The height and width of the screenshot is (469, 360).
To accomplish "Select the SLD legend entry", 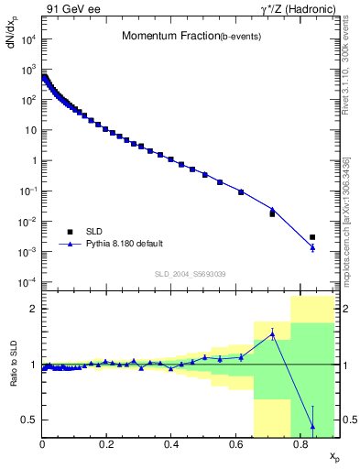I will tap(90, 231).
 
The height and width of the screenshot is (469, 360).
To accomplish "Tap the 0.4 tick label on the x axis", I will tap(171, 444).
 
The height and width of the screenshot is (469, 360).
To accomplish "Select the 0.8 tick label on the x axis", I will tap(300, 444).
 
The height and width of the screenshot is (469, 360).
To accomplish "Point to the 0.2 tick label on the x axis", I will tap(107, 444).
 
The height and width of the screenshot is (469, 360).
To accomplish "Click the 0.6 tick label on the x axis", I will tap(236, 444).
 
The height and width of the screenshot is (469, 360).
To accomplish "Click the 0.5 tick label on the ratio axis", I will tap(30, 420).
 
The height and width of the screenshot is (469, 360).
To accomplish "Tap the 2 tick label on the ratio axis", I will tap(34, 309).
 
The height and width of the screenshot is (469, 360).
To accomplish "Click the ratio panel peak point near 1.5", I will tap(273, 334).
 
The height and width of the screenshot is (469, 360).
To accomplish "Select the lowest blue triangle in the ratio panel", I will tap(313, 427).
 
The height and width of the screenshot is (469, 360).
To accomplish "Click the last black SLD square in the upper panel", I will tap(312, 237).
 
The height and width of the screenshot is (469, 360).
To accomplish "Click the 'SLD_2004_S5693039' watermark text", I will tap(189, 274).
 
